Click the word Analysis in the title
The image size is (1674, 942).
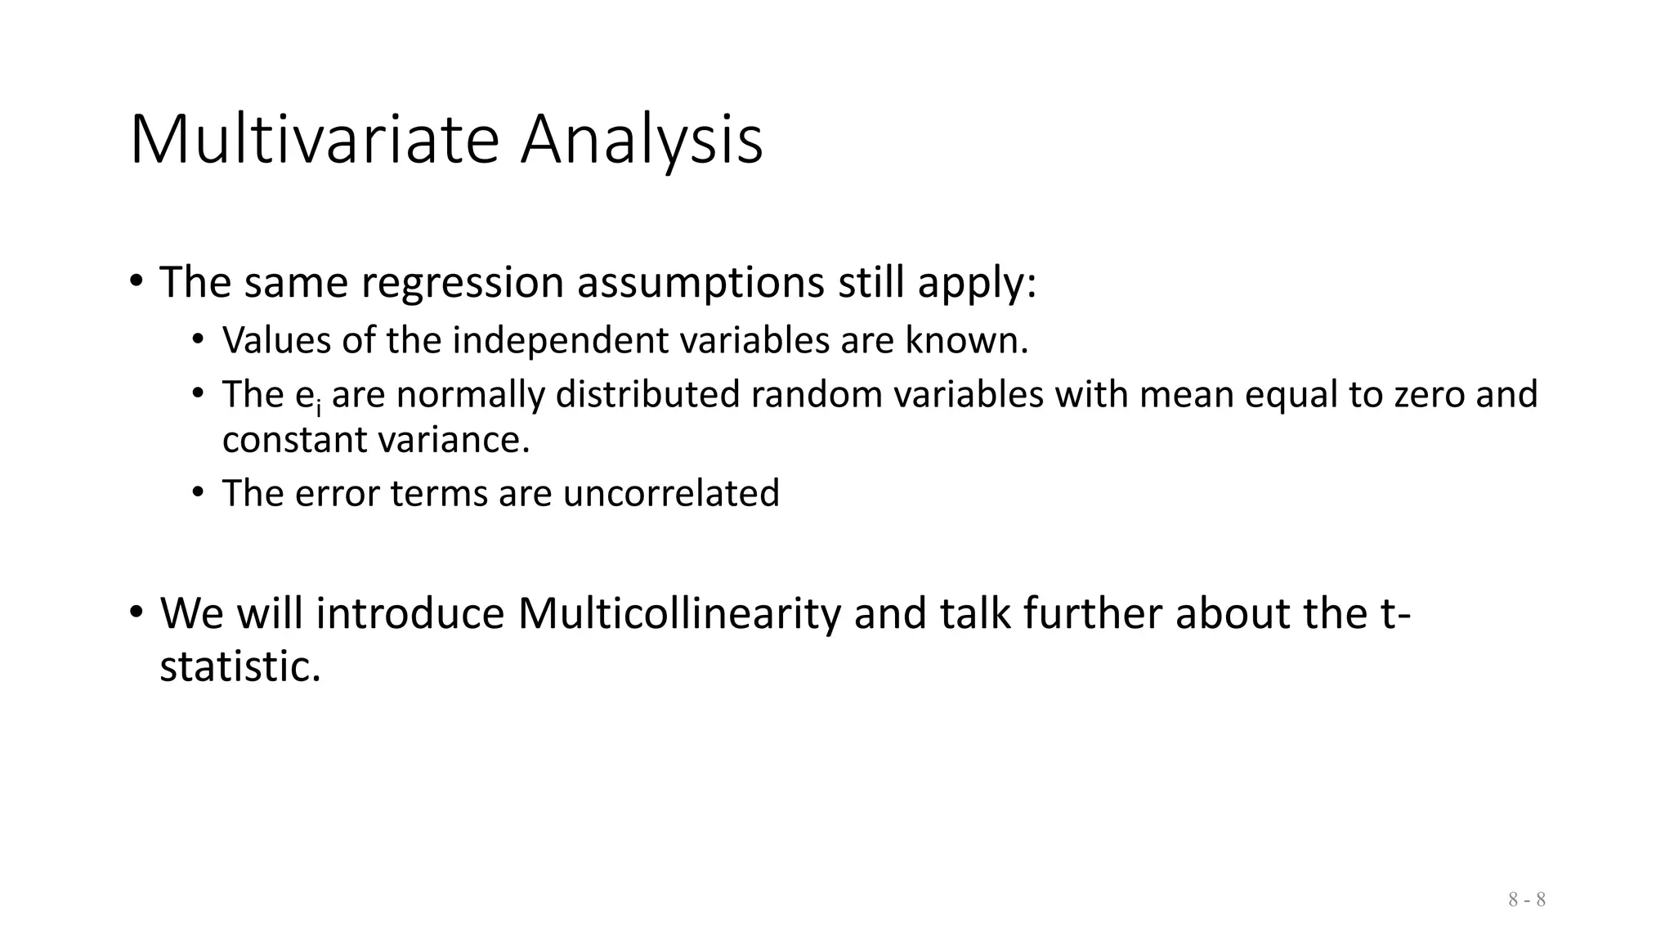642,141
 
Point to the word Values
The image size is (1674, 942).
276,340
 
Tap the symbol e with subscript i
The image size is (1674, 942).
307,396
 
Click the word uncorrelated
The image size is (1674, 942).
670,494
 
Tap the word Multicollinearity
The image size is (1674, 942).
678,613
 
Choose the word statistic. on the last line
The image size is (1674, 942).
239,666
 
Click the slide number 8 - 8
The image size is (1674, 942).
1526,900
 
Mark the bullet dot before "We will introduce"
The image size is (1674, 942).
136,612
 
